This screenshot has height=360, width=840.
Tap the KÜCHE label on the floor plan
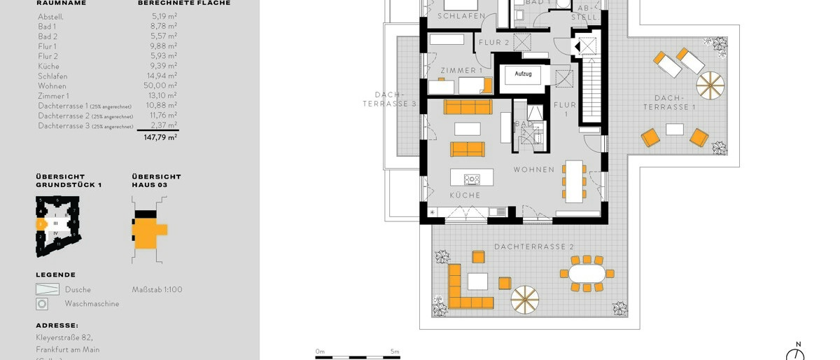(465, 195)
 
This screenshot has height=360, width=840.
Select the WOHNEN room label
(533, 169)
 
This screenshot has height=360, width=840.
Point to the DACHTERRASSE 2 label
(533, 247)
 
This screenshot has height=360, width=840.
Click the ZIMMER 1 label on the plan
(461, 71)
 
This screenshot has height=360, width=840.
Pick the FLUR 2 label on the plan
(493, 43)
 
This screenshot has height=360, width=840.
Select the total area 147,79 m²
(160, 138)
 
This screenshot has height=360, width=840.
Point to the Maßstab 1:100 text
(157, 289)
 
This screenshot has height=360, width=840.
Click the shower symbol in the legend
(48, 289)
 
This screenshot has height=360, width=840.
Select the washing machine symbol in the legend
(42, 304)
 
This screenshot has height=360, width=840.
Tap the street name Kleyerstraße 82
(64, 337)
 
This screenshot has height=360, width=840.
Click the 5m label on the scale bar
(394, 352)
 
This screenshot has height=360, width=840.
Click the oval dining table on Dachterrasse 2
(586, 273)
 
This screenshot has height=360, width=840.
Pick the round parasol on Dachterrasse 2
(524, 299)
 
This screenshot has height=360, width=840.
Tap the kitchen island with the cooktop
(471, 178)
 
